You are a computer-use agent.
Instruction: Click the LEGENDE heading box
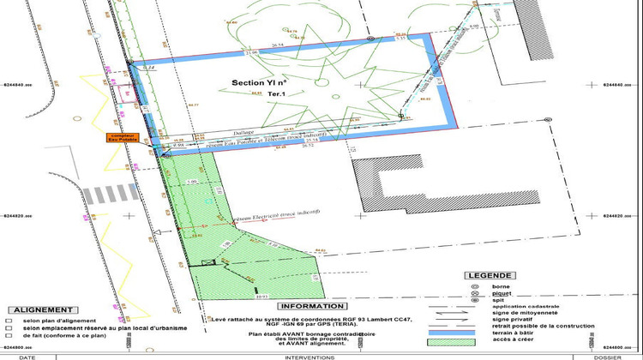click(x=491, y=275)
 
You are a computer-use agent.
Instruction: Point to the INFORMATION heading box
click(x=312, y=305)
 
